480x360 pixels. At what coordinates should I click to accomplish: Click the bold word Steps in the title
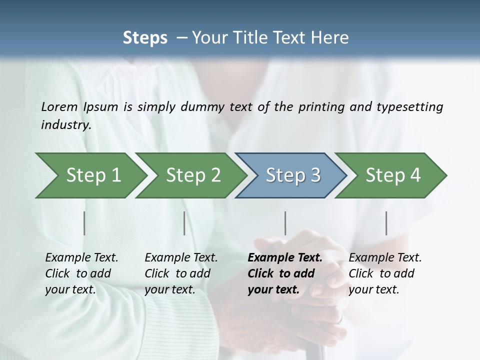pos(145,38)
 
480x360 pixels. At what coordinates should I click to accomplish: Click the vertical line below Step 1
pos(84,223)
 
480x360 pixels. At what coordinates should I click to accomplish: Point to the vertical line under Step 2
pos(184,223)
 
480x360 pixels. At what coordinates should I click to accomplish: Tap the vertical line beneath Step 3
pos(285,223)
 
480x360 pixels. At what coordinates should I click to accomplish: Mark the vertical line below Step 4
pos(386,223)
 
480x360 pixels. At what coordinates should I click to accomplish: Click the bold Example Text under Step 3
pos(285,258)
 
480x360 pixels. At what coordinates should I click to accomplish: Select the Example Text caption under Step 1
pos(81,258)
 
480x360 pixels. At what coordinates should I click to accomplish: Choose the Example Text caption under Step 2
pos(181,258)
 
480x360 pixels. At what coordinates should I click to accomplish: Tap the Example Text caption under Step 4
pos(385,258)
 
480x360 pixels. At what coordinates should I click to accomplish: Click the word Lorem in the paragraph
pos(59,107)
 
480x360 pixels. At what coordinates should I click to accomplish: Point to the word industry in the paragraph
pos(65,125)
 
